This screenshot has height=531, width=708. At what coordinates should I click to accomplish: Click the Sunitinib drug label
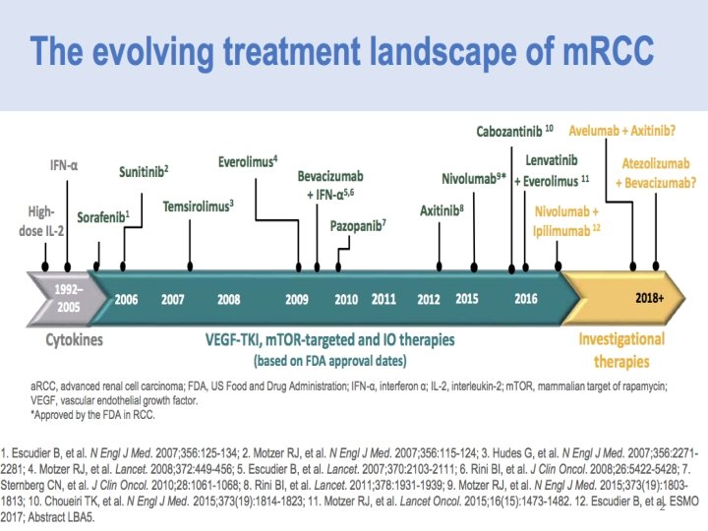143,171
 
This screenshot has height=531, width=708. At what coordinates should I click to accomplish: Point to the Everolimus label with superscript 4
247,161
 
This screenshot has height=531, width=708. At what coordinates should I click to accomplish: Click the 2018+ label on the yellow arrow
650,297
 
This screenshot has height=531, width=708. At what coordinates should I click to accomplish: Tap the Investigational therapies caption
620,348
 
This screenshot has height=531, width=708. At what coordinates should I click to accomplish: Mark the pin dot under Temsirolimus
189,266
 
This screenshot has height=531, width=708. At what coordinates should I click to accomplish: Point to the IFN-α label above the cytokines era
64,166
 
